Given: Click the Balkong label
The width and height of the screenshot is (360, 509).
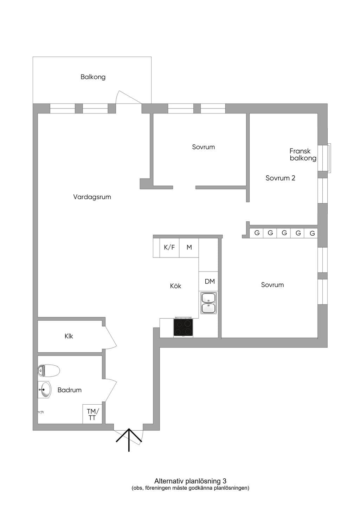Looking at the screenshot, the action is pos(93,77).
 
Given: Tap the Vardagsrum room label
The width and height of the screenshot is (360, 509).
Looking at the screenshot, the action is pos(92,197).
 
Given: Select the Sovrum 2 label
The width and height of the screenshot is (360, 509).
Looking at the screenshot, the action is pos(281,178).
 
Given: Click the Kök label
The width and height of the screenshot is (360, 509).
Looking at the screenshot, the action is pos(175,286).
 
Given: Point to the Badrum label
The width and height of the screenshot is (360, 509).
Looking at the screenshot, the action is pos(69,390).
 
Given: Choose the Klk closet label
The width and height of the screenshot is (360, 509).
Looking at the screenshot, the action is pos(69,336).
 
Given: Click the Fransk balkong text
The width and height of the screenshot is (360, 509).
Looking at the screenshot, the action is pos(303,155).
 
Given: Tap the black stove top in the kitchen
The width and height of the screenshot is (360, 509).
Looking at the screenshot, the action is pos(183,327).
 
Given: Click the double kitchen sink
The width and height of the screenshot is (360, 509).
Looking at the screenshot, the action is pos(208,303).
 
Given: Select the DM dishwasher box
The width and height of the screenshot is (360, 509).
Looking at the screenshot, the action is pos(208,281).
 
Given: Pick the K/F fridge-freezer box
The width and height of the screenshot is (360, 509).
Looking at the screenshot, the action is pos(169,248).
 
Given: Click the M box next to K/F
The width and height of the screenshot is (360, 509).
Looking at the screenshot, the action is pos(189,248).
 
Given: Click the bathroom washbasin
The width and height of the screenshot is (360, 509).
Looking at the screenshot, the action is pos(45,390).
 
